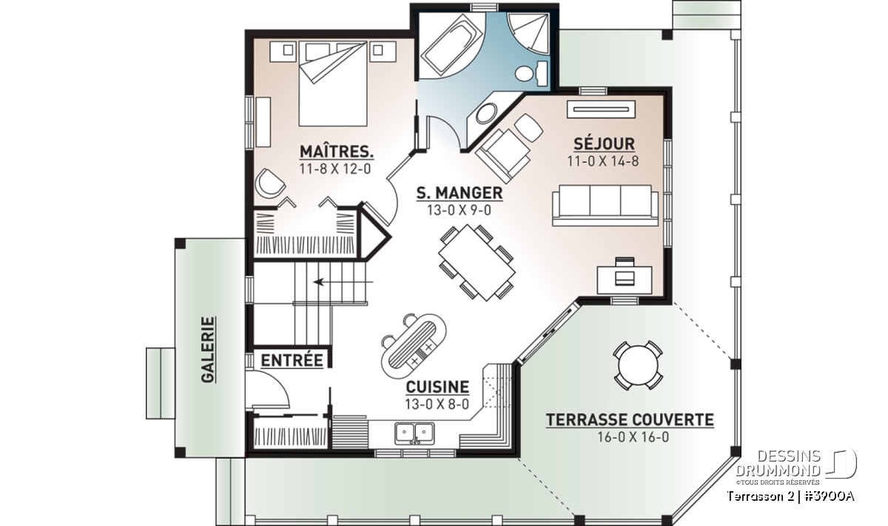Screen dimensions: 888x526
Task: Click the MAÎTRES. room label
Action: pos(337,152)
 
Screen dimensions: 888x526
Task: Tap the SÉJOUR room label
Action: pos(604,144)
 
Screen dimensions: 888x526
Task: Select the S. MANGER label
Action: pos(460,193)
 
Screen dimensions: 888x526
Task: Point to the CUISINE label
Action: pos(437,387)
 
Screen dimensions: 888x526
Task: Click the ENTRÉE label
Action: pos(292,360)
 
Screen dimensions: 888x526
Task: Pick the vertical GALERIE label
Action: pos(208,350)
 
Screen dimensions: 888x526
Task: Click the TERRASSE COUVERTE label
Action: pos(630,419)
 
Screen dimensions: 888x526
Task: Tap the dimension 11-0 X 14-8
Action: pos(603,162)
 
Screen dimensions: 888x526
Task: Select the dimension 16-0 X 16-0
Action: pos(633,437)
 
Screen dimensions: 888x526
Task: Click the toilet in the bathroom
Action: pos(532,73)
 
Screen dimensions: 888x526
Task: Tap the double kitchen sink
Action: pos(414,434)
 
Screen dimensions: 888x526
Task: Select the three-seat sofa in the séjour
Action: pos(605,206)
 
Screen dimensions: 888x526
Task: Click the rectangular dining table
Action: pos(477,263)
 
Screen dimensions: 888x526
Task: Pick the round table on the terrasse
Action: pos(637,365)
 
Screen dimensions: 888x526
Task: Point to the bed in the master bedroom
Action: pos(332,84)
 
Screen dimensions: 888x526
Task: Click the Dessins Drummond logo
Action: pos(796,467)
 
